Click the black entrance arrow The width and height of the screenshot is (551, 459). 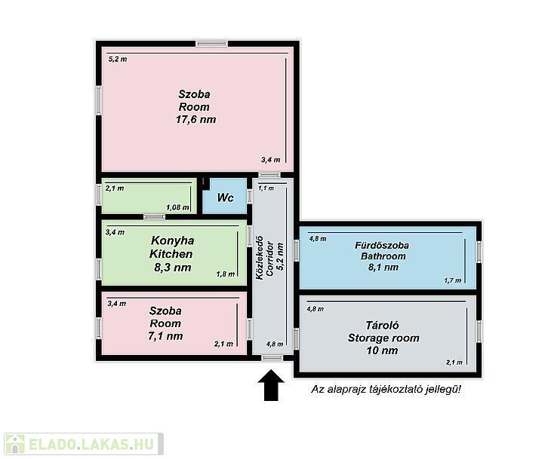[x=270, y=385]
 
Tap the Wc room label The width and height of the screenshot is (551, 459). [x=225, y=197]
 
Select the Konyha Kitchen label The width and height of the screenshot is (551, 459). [x=172, y=247]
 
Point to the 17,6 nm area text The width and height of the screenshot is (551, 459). [x=195, y=119]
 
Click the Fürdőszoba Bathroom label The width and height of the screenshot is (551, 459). [x=383, y=250]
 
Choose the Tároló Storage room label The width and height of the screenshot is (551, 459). [x=383, y=332]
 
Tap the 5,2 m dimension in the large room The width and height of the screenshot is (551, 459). [x=118, y=60]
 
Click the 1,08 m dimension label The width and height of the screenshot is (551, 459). [x=178, y=207]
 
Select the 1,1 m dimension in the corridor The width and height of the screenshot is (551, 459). [x=266, y=188]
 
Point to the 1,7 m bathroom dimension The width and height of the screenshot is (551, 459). [x=453, y=280]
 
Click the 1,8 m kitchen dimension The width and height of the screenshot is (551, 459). [x=226, y=274]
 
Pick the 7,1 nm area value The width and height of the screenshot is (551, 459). [x=165, y=336]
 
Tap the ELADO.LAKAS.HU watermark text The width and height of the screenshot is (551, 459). [x=91, y=444]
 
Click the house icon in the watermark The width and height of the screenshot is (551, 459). [x=14, y=444]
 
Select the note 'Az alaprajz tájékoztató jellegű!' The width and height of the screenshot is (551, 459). [x=386, y=389]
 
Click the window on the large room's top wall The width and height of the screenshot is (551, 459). [x=212, y=43]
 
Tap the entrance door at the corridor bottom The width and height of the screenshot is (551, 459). [x=272, y=358]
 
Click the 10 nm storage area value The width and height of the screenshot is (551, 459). [x=383, y=350]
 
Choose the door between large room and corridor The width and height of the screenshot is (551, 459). [x=270, y=174]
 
